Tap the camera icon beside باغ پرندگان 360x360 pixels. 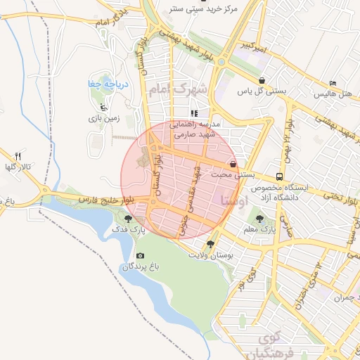(x=140, y=255)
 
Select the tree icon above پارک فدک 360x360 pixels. (x=127, y=219)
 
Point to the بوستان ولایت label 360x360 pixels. (x=210, y=255)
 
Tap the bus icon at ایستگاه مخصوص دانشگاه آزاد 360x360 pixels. (x=280, y=176)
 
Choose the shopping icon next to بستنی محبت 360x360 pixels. (x=233, y=163)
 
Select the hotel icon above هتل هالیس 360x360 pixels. (x=333, y=83)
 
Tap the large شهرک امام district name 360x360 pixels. (x=180, y=89)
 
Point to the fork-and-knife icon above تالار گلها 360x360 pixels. (x=18, y=156)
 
